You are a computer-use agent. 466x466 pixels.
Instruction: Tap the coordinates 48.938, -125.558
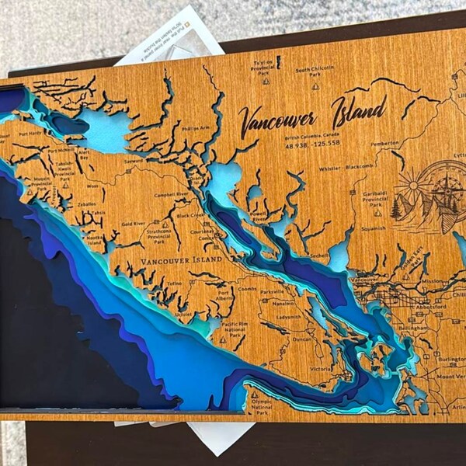(x=312, y=144)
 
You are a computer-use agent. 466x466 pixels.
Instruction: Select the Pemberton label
(x=384, y=144)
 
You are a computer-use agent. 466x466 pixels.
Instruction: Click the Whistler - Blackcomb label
(x=346, y=167)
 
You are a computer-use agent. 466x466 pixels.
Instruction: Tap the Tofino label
(x=172, y=284)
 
